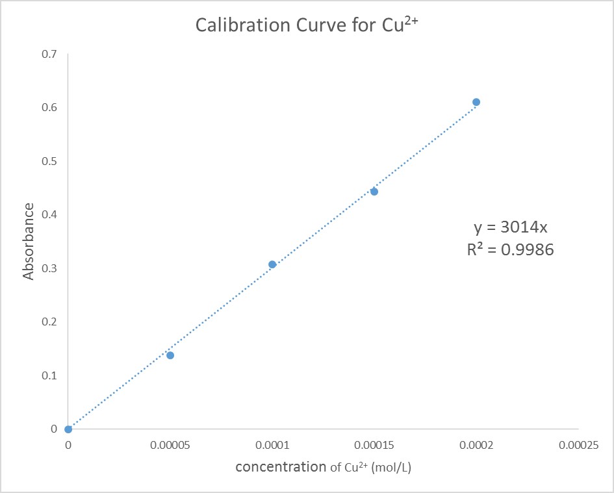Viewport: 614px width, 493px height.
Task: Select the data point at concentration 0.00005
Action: pos(170,355)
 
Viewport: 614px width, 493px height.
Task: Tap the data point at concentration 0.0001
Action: pos(272,264)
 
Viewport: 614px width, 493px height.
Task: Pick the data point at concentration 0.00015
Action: pos(374,192)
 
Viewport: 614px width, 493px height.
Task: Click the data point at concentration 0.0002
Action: pos(476,102)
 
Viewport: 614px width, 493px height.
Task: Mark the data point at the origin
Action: pos(68,429)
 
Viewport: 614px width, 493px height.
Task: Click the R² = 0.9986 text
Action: pos(510,249)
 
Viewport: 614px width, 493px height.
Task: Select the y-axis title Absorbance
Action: pos(29,242)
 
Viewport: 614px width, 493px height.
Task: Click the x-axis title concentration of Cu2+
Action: pos(323,467)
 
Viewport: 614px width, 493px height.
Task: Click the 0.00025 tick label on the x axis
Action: pos(578,446)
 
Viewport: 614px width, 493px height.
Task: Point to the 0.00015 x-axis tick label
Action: pos(374,446)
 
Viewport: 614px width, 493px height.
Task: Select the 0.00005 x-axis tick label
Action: pos(170,446)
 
